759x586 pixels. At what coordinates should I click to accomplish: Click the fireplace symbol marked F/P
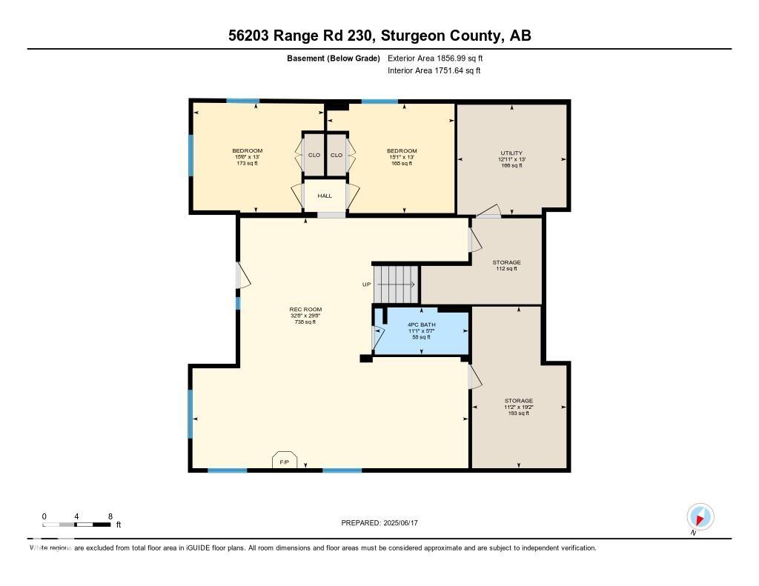coord(284,461)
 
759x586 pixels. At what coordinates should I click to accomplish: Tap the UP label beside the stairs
coord(366,284)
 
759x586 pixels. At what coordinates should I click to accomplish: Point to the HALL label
coord(325,196)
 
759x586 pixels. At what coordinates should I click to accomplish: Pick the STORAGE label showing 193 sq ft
coord(518,407)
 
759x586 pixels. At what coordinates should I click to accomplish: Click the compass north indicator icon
coord(700,516)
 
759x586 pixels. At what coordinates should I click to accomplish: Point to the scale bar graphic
coord(77,525)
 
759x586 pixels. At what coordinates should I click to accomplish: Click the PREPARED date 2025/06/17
coord(384,523)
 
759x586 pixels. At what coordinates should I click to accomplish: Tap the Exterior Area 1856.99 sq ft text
coord(435,58)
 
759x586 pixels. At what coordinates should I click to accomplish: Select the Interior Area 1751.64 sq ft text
coord(434,71)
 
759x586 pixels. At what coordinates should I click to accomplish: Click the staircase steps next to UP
coord(396,283)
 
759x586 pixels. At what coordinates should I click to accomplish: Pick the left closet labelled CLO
coord(314,155)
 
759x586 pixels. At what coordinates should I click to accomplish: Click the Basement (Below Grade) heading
coord(333,58)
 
